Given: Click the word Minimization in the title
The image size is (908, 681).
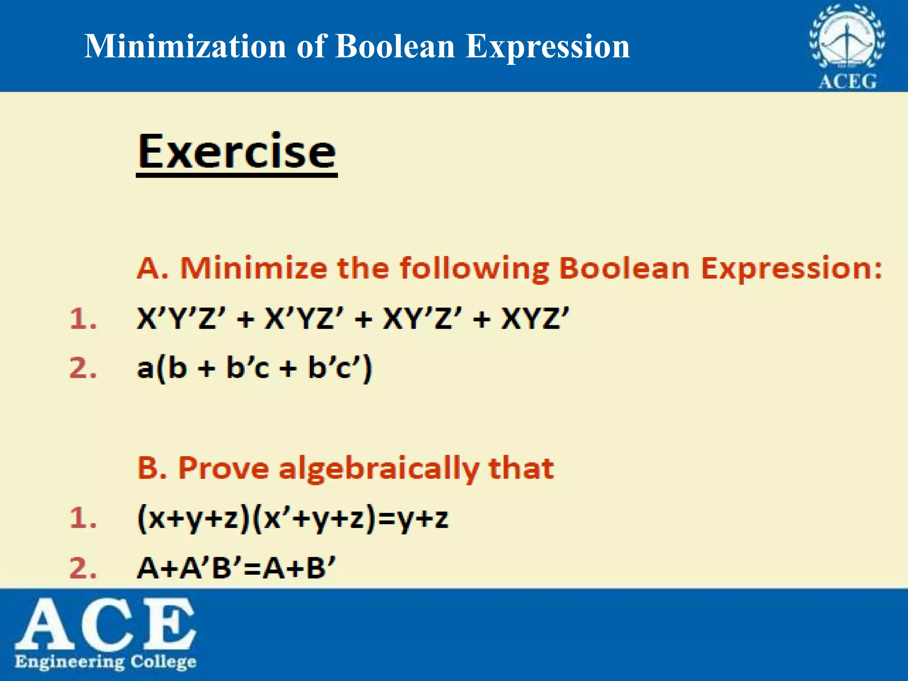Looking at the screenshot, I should click(x=185, y=46).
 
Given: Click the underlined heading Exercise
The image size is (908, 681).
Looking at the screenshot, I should click(x=237, y=152).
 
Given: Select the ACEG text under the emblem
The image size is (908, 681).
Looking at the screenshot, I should click(x=847, y=82).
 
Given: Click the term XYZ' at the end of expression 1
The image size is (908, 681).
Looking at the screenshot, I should click(x=535, y=318).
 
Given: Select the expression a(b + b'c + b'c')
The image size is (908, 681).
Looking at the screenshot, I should click(x=254, y=368).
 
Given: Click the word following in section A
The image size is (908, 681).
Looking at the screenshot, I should click(x=474, y=269).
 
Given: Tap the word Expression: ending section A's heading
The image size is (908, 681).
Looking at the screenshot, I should click(x=791, y=269).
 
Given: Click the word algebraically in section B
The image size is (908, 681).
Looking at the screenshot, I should click(x=379, y=469).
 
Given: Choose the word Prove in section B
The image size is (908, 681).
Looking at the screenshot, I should click(x=223, y=468).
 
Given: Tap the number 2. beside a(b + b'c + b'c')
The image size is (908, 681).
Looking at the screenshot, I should click(x=83, y=368).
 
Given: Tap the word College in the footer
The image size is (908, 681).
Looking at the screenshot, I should click(x=163, y=661).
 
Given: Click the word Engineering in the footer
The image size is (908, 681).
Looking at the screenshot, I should click(x=70, y=662).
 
